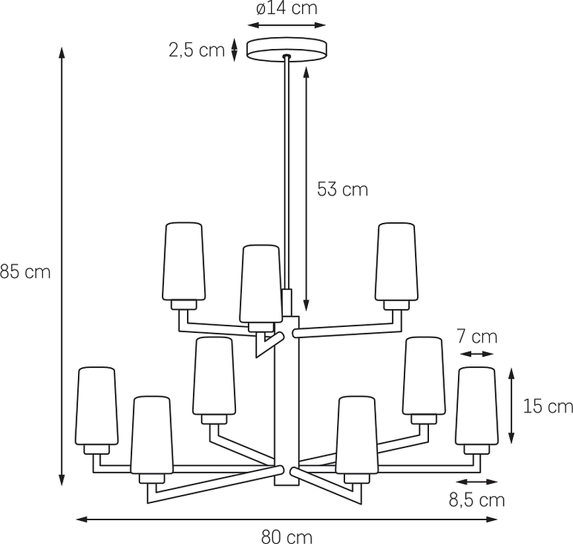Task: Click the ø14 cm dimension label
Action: point(287,9)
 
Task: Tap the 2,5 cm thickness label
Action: point(196,50)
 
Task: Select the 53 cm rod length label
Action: point(342,189)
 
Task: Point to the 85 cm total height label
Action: point(25,272)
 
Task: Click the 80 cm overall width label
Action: point(287,537)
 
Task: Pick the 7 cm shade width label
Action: point(477,337)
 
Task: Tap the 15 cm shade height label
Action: point(548,406)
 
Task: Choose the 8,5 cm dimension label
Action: point(477,500)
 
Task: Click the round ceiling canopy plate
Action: point(287,50)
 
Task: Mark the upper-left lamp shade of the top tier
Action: point(184,261)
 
